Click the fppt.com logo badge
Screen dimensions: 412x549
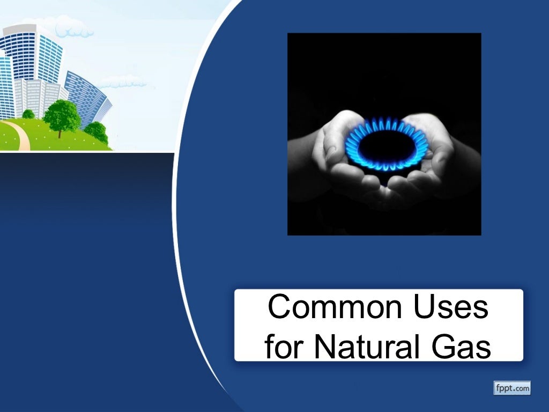(x=511, y=387)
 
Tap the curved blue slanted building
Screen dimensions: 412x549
(x=88, y=97)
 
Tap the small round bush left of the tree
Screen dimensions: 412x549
(x=28, y=114)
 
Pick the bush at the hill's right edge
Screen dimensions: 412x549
(x=97, y=131)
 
